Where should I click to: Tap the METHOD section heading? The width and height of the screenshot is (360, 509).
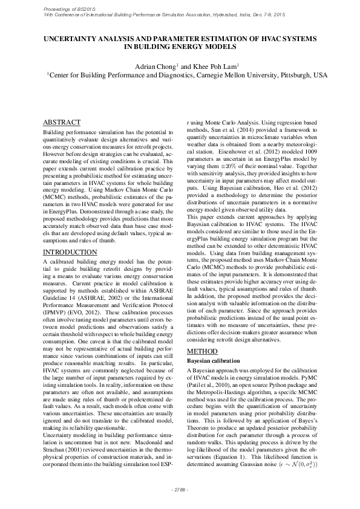pos(205,351)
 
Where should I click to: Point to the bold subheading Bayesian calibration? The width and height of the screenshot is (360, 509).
pos(217,360)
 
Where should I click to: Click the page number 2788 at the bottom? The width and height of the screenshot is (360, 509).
pos(180,489)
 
